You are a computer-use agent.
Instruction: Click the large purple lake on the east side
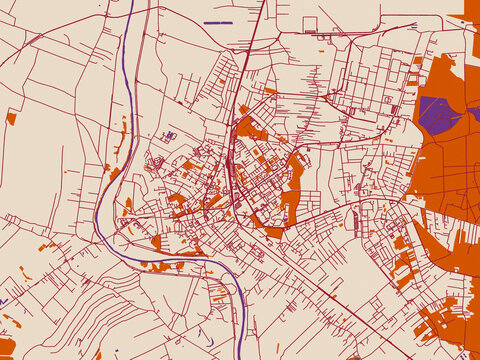(x=438, y=114)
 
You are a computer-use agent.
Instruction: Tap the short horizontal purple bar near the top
(x=217, y=22)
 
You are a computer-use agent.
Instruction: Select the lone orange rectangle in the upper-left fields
(x=11, y=118)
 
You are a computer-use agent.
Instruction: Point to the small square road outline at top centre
(x=310, y=24)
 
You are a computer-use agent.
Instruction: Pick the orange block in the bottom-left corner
(x=7, y=346)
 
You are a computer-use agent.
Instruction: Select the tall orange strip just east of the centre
(x=293, y=185)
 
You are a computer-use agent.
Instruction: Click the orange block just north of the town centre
(x=250, y=129)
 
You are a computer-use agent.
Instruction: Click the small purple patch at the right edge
(x=475, y=114)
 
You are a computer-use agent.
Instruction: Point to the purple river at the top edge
(x=131, y=8)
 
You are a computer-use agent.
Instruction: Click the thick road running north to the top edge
(x=255, y=40)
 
